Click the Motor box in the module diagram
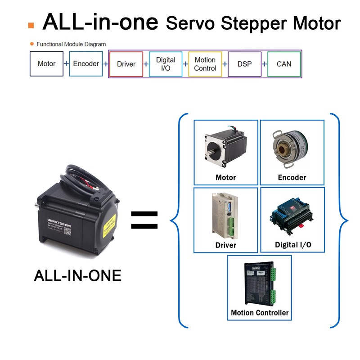[47, 64]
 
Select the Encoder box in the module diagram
[86, 64]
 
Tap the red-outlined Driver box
[126, 64]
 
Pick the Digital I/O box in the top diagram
[166, 64]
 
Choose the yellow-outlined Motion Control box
[205, 64]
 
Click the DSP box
[244, 64]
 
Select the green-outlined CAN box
[284, 64]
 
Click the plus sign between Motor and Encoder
[66, 64]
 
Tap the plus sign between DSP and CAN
[264, 64]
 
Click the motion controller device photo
[260, 283]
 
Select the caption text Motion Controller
[260, 312]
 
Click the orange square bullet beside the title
[31, 25]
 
